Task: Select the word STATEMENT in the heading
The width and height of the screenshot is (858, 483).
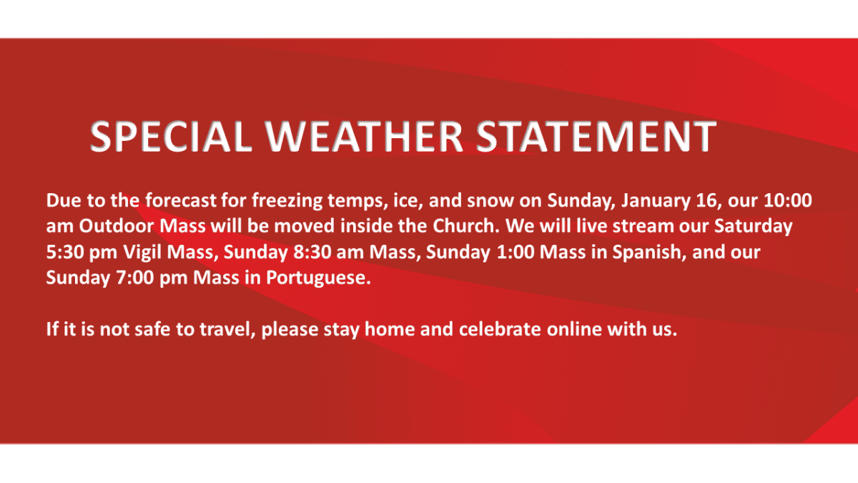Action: [x=596, y=137]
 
